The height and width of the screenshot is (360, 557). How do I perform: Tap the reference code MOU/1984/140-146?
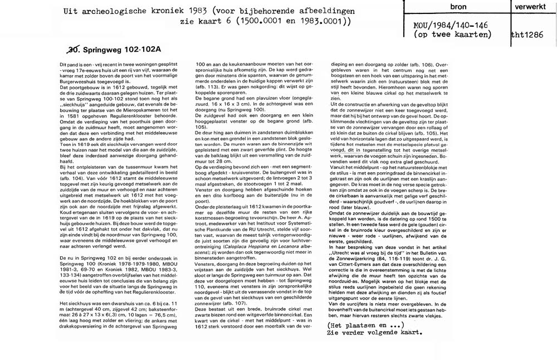449,25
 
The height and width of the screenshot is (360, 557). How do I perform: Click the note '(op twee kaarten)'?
451,35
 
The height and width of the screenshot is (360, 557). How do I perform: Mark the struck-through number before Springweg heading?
74,49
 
